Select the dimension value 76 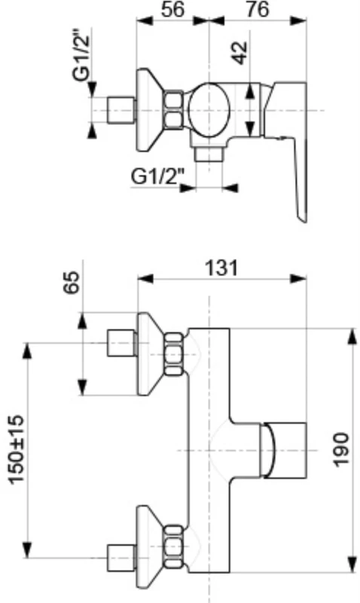click(255, 10)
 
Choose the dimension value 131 click(221, 267)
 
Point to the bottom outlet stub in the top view click(209, 155)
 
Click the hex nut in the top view click(173, 110)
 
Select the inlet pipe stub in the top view click(122, 110)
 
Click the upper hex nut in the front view click(174, 353)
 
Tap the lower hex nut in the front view click(174, 546)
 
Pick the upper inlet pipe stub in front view click(121, 344)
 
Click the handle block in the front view click(284, 450)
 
